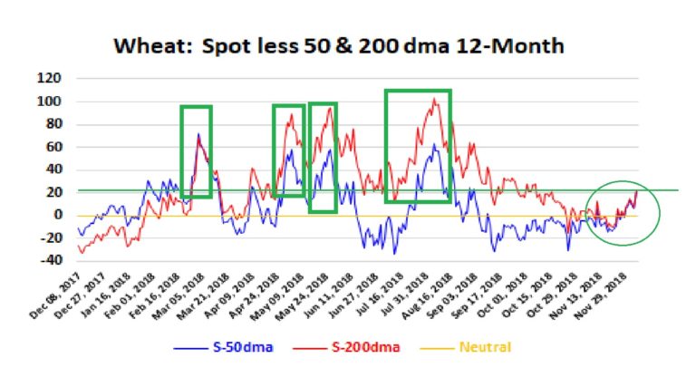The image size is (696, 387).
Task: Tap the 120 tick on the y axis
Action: tap(49, 79)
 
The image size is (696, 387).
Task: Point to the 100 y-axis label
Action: tap(49, 102)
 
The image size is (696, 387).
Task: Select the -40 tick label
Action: tap(51, 260)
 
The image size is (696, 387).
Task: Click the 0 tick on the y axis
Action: tap(57, 215)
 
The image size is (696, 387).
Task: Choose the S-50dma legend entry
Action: tap(223, 347)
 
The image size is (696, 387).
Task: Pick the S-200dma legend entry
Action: tap(346, 347)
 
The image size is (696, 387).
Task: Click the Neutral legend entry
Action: tap(465, 347)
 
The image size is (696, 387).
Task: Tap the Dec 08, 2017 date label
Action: tap(56, 296)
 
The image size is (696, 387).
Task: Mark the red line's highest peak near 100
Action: tap(434, 99)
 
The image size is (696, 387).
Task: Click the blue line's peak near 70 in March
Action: tap(198, 133)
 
